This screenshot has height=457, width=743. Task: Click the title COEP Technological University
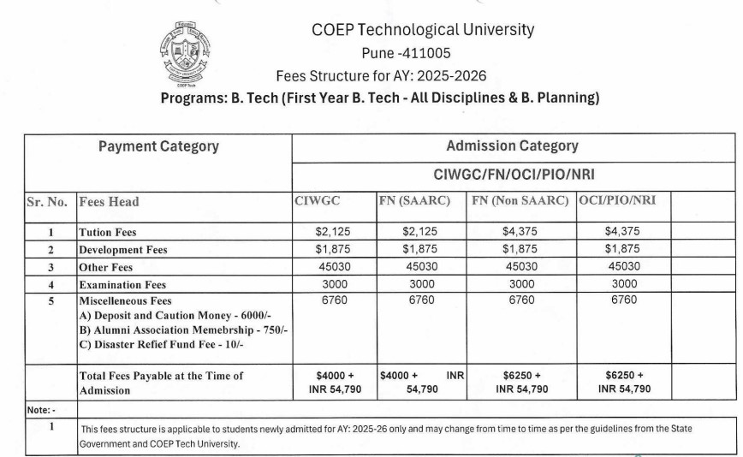point(423,30)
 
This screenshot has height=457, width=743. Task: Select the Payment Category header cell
point(158,146)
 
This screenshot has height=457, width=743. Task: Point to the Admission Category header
point(512,146)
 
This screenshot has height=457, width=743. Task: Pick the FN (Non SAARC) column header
point(520,201)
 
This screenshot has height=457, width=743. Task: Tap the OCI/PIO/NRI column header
point(617,201)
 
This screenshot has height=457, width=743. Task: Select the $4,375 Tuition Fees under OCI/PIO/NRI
point(622,231)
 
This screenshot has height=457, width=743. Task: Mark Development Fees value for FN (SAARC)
point(420,249)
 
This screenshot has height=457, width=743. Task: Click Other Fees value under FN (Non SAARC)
point(521,266)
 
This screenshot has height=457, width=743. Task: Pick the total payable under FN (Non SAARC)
point(521,382)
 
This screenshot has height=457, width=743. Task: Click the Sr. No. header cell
point(46,202)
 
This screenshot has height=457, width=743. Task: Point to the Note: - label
point(40,410)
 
